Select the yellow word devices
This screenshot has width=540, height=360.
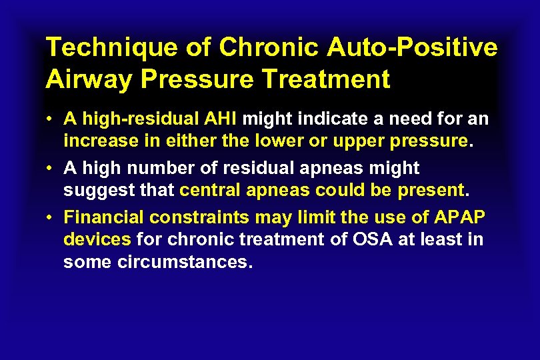97,240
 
